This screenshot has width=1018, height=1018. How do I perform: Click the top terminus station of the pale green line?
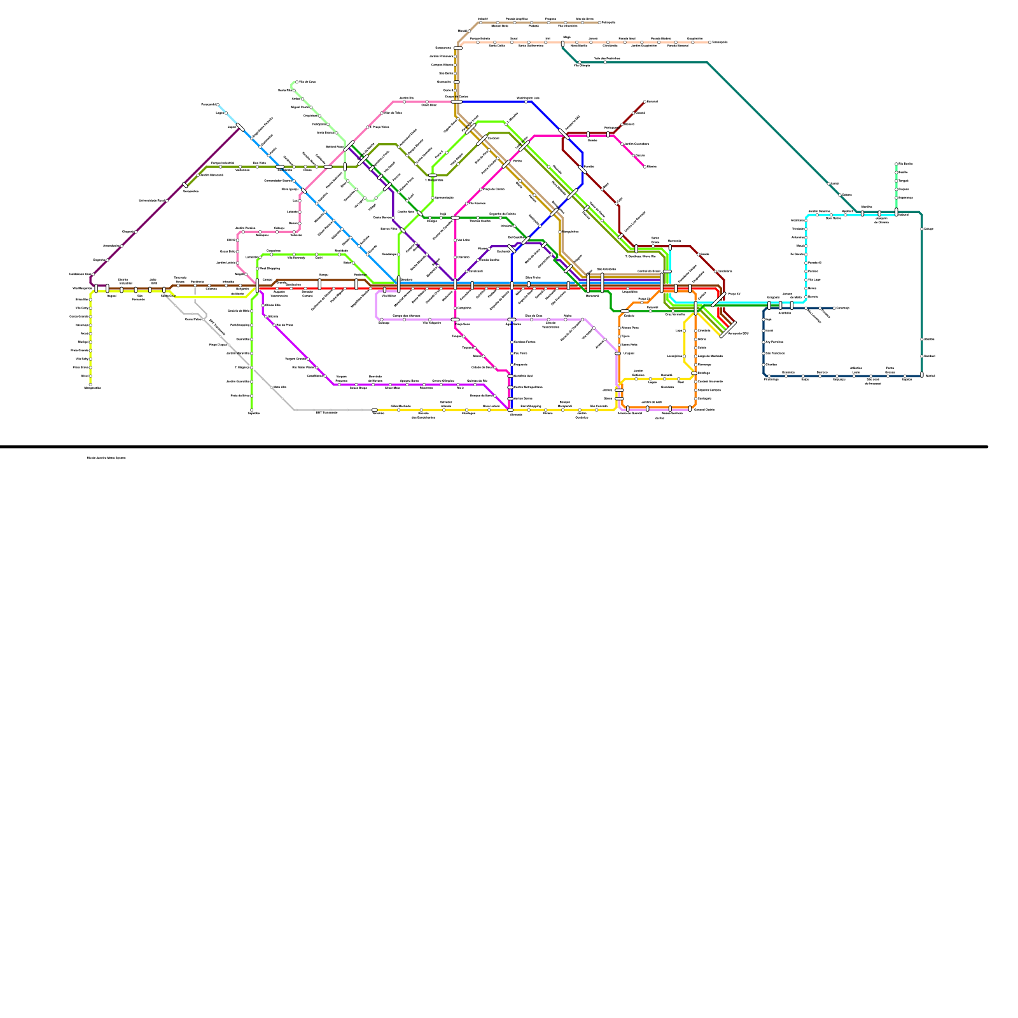(x=296, y=82)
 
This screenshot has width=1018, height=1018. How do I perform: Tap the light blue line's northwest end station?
(x=218, y=105)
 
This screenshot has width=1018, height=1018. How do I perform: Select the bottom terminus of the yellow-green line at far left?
(x=90, y=384)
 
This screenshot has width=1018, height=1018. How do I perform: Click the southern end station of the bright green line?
(x=251, y=410)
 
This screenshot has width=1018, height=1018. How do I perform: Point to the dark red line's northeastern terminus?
(x=645, y=101)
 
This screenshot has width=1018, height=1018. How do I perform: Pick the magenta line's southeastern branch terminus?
(x=645, y=167)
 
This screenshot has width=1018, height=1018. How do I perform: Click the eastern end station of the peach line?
(x=710, y=43)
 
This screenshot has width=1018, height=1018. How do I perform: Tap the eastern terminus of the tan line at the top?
(x=600, y=22)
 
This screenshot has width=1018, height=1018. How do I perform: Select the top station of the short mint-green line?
(x=896, y=164)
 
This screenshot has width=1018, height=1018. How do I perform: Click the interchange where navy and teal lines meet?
(x=921, y=375)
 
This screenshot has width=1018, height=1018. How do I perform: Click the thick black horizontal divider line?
(x=493, y=447)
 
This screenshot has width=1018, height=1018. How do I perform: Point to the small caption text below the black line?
(x=106, y=457)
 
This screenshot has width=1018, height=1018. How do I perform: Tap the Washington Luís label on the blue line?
(x=528, y=97)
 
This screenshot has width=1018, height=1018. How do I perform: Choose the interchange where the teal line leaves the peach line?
(x=562, y=44)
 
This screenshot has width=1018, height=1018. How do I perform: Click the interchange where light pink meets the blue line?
(x=457, y=101)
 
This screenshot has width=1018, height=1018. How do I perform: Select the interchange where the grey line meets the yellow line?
(x=375, y=410)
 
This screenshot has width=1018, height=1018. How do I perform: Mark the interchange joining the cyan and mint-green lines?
(x=896, y=213)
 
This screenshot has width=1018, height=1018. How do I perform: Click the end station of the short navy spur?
(x=833, y=309)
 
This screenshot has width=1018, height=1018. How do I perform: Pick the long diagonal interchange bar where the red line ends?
(x=727, y=330)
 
